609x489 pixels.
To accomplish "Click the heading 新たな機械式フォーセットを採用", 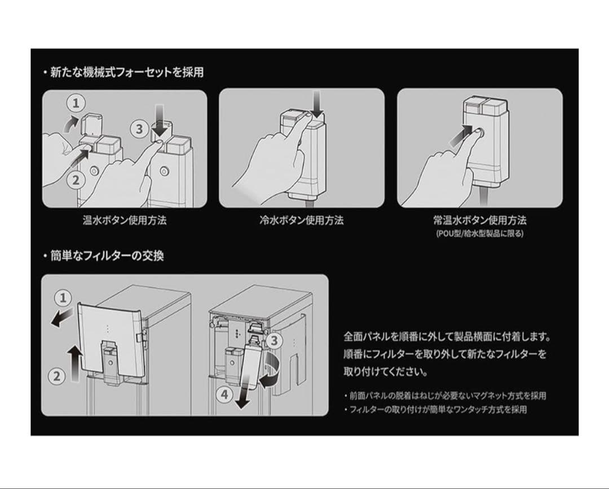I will (x=123, y=73).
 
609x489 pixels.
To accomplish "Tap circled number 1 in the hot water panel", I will (x=77, y=103).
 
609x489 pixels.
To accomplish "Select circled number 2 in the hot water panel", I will (x=77, y=180).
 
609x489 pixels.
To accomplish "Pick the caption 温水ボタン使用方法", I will (x=125, y=220).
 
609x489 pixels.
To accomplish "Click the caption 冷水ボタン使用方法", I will (x=302, y=220).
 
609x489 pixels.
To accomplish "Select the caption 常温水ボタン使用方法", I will (x=480, y=220).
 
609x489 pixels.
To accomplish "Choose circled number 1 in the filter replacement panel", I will (x=63, y=297).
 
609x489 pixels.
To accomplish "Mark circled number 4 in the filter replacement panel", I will (x=224, y=395).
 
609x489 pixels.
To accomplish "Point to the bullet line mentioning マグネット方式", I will (x=445, y=395).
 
